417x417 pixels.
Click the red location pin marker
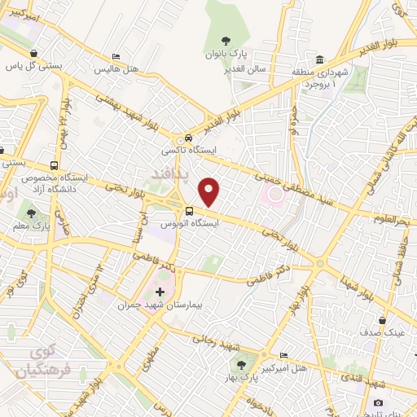[x=210, y=191]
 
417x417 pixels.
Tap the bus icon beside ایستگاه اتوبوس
[x=190, y=211]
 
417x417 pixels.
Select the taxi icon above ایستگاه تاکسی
[x=189, y=139]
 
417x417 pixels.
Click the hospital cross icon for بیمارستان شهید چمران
[x=160, y=292]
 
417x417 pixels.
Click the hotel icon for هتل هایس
[x=116, y=57]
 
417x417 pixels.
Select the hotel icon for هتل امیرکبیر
[x=283, y=355]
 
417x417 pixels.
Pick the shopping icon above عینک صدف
[x=381, y=320]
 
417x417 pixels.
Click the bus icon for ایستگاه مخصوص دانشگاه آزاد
[x=55, y=164]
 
